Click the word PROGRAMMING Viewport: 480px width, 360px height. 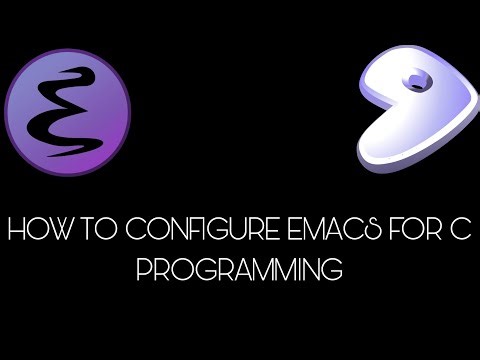[240, 269]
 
